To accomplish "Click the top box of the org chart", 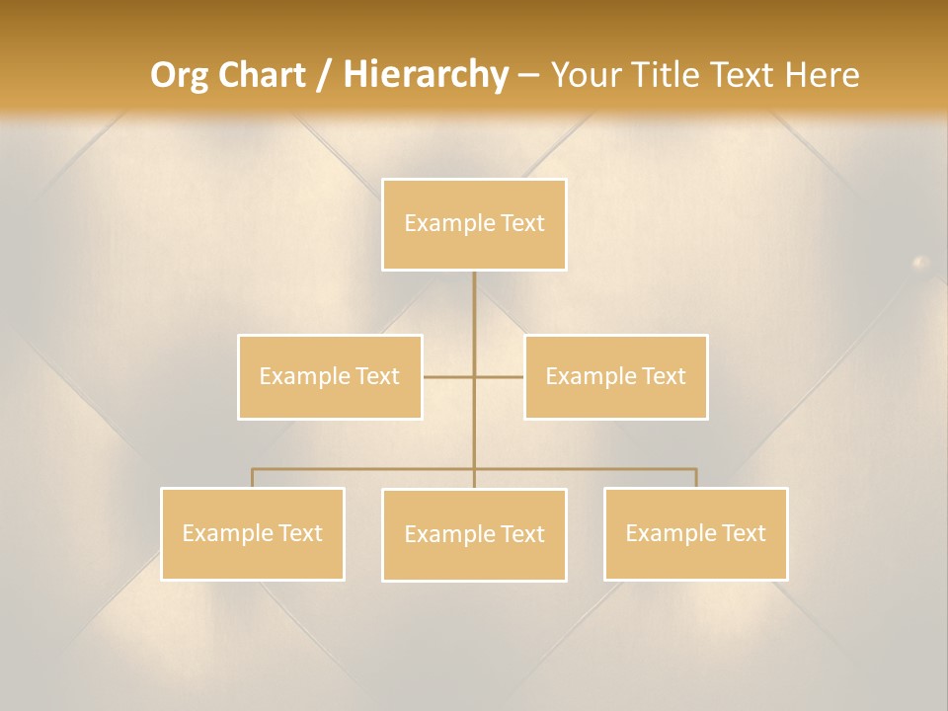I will pos(474,224).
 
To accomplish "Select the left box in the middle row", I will pos(330,377).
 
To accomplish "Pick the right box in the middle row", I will pos(615,377).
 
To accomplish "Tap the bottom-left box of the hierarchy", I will pos(252,534).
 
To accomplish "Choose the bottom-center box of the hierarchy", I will pos(474,535).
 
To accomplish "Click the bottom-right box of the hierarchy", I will pos(695,534).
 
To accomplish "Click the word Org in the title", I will pos(179,75).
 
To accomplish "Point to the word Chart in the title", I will pos(261,75).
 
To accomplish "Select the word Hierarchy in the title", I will pos(426,75).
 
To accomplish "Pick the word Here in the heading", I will pos(822,75).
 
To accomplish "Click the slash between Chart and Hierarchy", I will pos(325,76).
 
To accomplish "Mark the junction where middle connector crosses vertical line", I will pos(474,377).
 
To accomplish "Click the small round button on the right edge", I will pos(920,263).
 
